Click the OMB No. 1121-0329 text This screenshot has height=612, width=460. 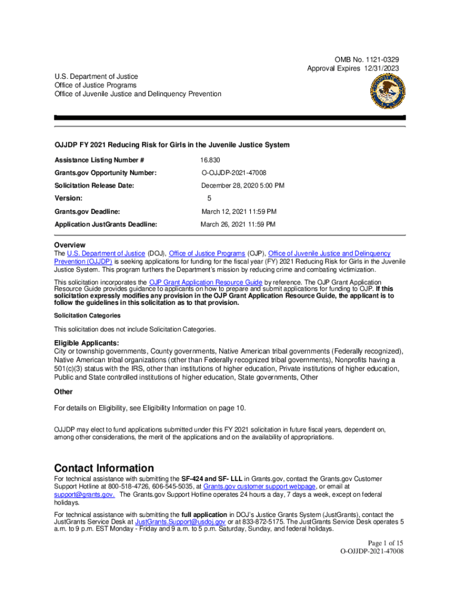pyautogui.click(x=367, y=60)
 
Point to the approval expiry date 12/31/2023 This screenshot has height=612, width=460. pyautogui.click(x=380, y=68)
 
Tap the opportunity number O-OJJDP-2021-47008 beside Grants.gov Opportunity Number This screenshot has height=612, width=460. pyautogui.click(x=234, y=173)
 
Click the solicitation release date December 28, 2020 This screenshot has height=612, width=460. pyautogui.click(x=243, y=185)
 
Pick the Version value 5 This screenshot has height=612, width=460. pyautogui.click(x=209, y=198)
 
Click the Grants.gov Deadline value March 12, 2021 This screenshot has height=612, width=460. pyautogui.click(x=238, y=212)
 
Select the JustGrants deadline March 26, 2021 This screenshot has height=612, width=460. pyautogui.click(x=238, y=224)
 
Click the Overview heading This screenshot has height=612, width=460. pyautogui.click(x=70, y=245)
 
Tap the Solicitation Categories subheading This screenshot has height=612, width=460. pyautogui.click(x=87, y=315)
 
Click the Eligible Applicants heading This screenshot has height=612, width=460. pyautogui.click(x=87, y=342)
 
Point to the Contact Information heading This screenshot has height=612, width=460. pyautogui.click(x=104, y=468)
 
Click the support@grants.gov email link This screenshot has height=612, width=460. pyautogui.click(x=84, y=495)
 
